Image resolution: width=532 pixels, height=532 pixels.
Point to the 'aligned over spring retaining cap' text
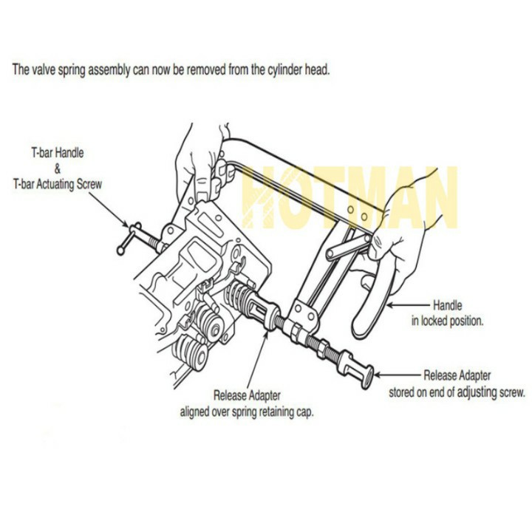[x=247, y=412]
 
